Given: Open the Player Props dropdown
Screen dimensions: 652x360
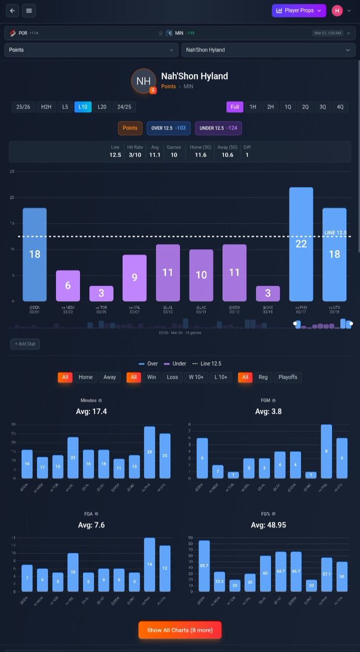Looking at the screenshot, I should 299,10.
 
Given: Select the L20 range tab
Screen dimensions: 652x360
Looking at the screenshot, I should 102,107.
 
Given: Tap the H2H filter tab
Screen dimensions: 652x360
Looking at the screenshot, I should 46,107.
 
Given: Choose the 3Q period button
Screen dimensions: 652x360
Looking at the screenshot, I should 323,107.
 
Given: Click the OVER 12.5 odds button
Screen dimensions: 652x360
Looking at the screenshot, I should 168,128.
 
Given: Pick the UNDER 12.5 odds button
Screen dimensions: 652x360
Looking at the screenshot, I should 218,128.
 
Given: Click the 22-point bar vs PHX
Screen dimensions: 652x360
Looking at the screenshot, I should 301,244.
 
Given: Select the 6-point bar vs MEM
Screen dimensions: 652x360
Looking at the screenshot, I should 68,286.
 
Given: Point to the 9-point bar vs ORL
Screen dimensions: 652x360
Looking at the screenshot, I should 134,278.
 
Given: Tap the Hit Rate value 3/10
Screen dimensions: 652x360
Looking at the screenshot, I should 135,155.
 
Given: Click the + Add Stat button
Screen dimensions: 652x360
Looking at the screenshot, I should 25,344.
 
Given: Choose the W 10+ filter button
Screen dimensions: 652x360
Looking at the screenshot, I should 195,377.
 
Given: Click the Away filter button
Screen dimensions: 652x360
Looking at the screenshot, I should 110,377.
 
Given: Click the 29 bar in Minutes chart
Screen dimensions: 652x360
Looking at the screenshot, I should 149,452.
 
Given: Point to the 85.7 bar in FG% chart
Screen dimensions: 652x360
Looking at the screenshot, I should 204,566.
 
